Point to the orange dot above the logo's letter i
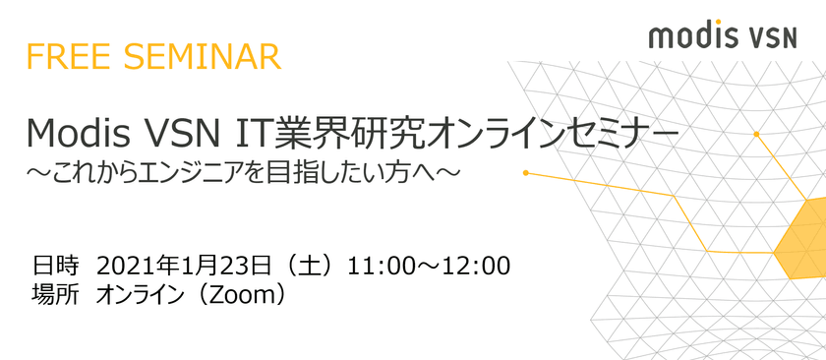[x=717, y=23]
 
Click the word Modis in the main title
[x=78, y=134]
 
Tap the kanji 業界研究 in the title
[x=346, y=134]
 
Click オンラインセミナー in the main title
[x=553, y=134]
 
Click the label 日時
[x=55, y=267]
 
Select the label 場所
[x=55, y=295]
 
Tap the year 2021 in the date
[x=122, y=267]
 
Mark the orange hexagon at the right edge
[x=800, y=238]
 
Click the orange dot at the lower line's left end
[x=526, y=173]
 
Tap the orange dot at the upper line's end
[x=756, y=135]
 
